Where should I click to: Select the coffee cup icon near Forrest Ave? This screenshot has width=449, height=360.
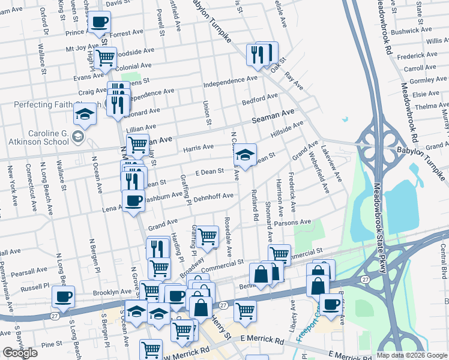[100, 23]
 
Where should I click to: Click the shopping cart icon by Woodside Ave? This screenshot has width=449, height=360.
[105, 58]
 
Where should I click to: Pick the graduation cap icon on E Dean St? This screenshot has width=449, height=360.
[244, 154]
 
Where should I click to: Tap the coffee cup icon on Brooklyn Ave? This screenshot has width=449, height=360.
[63, 296]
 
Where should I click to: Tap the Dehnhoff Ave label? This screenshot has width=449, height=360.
[214, 196]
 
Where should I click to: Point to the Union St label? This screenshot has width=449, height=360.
[207, 113]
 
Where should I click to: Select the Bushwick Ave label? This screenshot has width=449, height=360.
[411, 30]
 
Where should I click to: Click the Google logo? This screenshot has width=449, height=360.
[19, 353]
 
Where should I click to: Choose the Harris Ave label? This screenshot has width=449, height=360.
[199, 147]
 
